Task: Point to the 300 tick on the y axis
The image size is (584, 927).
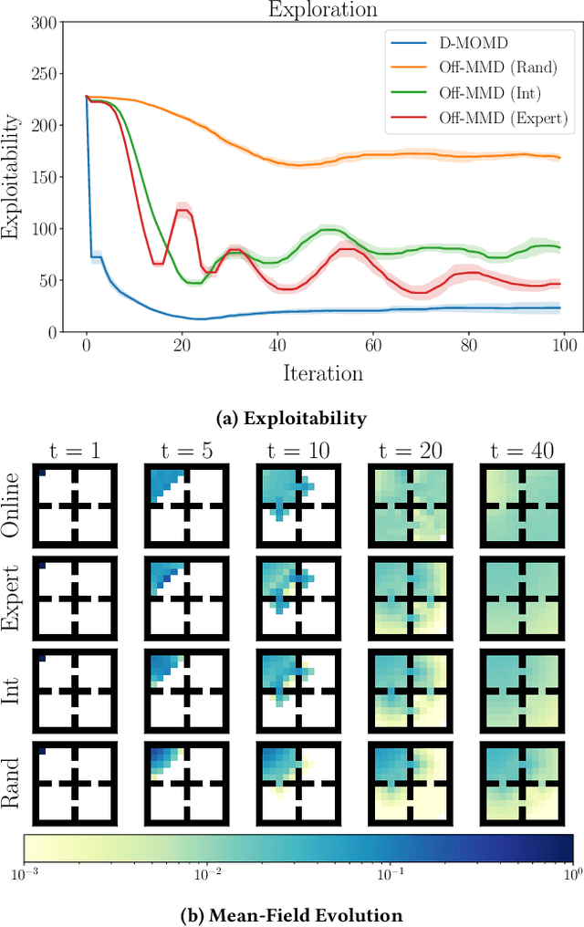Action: point(42,21)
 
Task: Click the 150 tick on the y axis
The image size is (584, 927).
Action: point(42,176)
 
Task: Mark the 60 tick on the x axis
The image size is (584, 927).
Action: point(373,348)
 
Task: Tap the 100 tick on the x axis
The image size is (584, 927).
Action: point(565,348)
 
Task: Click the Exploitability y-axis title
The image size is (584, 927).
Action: point(13,176)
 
